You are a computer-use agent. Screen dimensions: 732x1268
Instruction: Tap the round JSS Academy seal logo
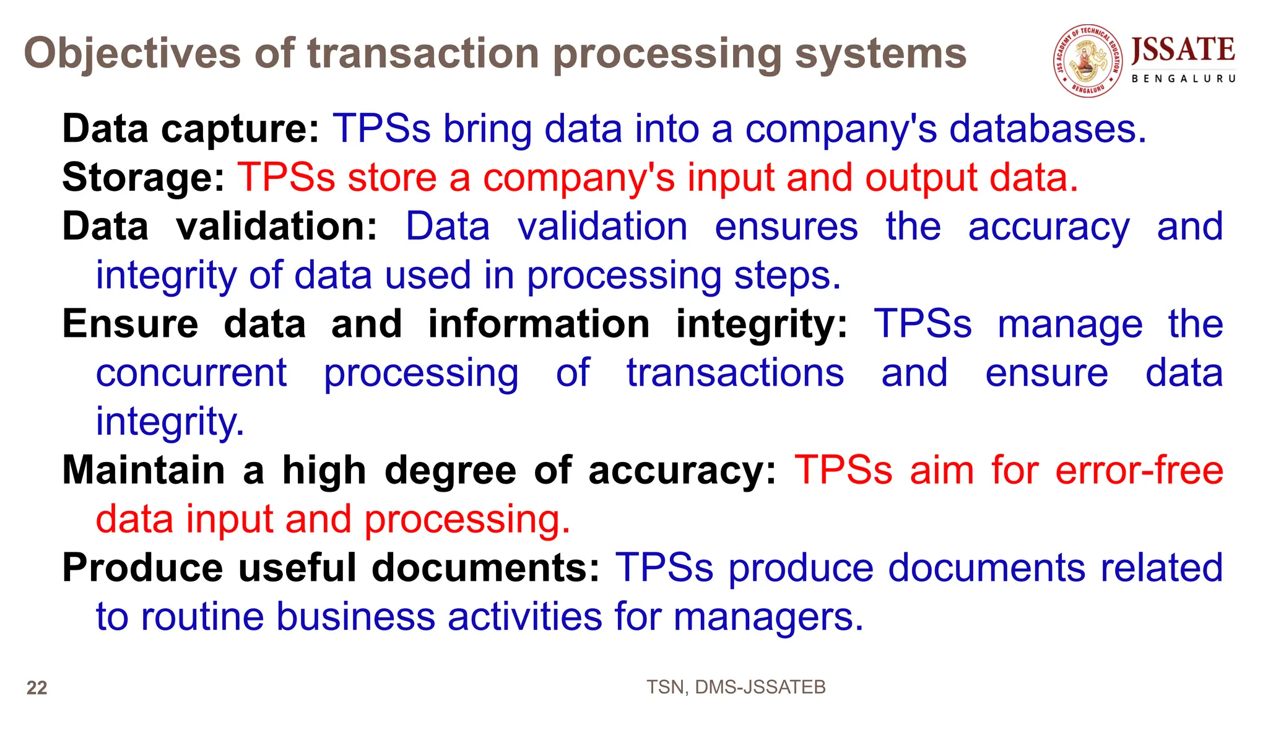[1088, 61]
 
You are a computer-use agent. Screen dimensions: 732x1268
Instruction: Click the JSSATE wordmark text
[1183, 50]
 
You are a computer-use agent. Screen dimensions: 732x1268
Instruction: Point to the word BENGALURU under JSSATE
[1183, 79]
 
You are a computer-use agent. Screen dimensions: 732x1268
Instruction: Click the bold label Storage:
[143, 178]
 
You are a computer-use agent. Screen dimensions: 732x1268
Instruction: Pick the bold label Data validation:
[220, 227]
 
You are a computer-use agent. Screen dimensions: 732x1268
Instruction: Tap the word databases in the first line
[1048, 129]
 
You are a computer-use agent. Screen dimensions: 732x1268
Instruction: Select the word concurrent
[191, 373]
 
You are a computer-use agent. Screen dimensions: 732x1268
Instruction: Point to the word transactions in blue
[735, 373]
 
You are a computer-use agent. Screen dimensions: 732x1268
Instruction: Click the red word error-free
[1139, 470]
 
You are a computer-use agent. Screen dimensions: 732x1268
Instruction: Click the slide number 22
[37, 688]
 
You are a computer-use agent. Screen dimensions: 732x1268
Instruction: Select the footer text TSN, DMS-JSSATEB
[736, 687]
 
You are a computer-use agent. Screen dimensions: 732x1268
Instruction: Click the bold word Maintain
[144, 470]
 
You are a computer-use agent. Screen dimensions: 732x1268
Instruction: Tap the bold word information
[539, 324]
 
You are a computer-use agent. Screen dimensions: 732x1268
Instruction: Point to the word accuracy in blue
[1049, 227]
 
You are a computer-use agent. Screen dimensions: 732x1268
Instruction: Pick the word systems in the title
[880, 53]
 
